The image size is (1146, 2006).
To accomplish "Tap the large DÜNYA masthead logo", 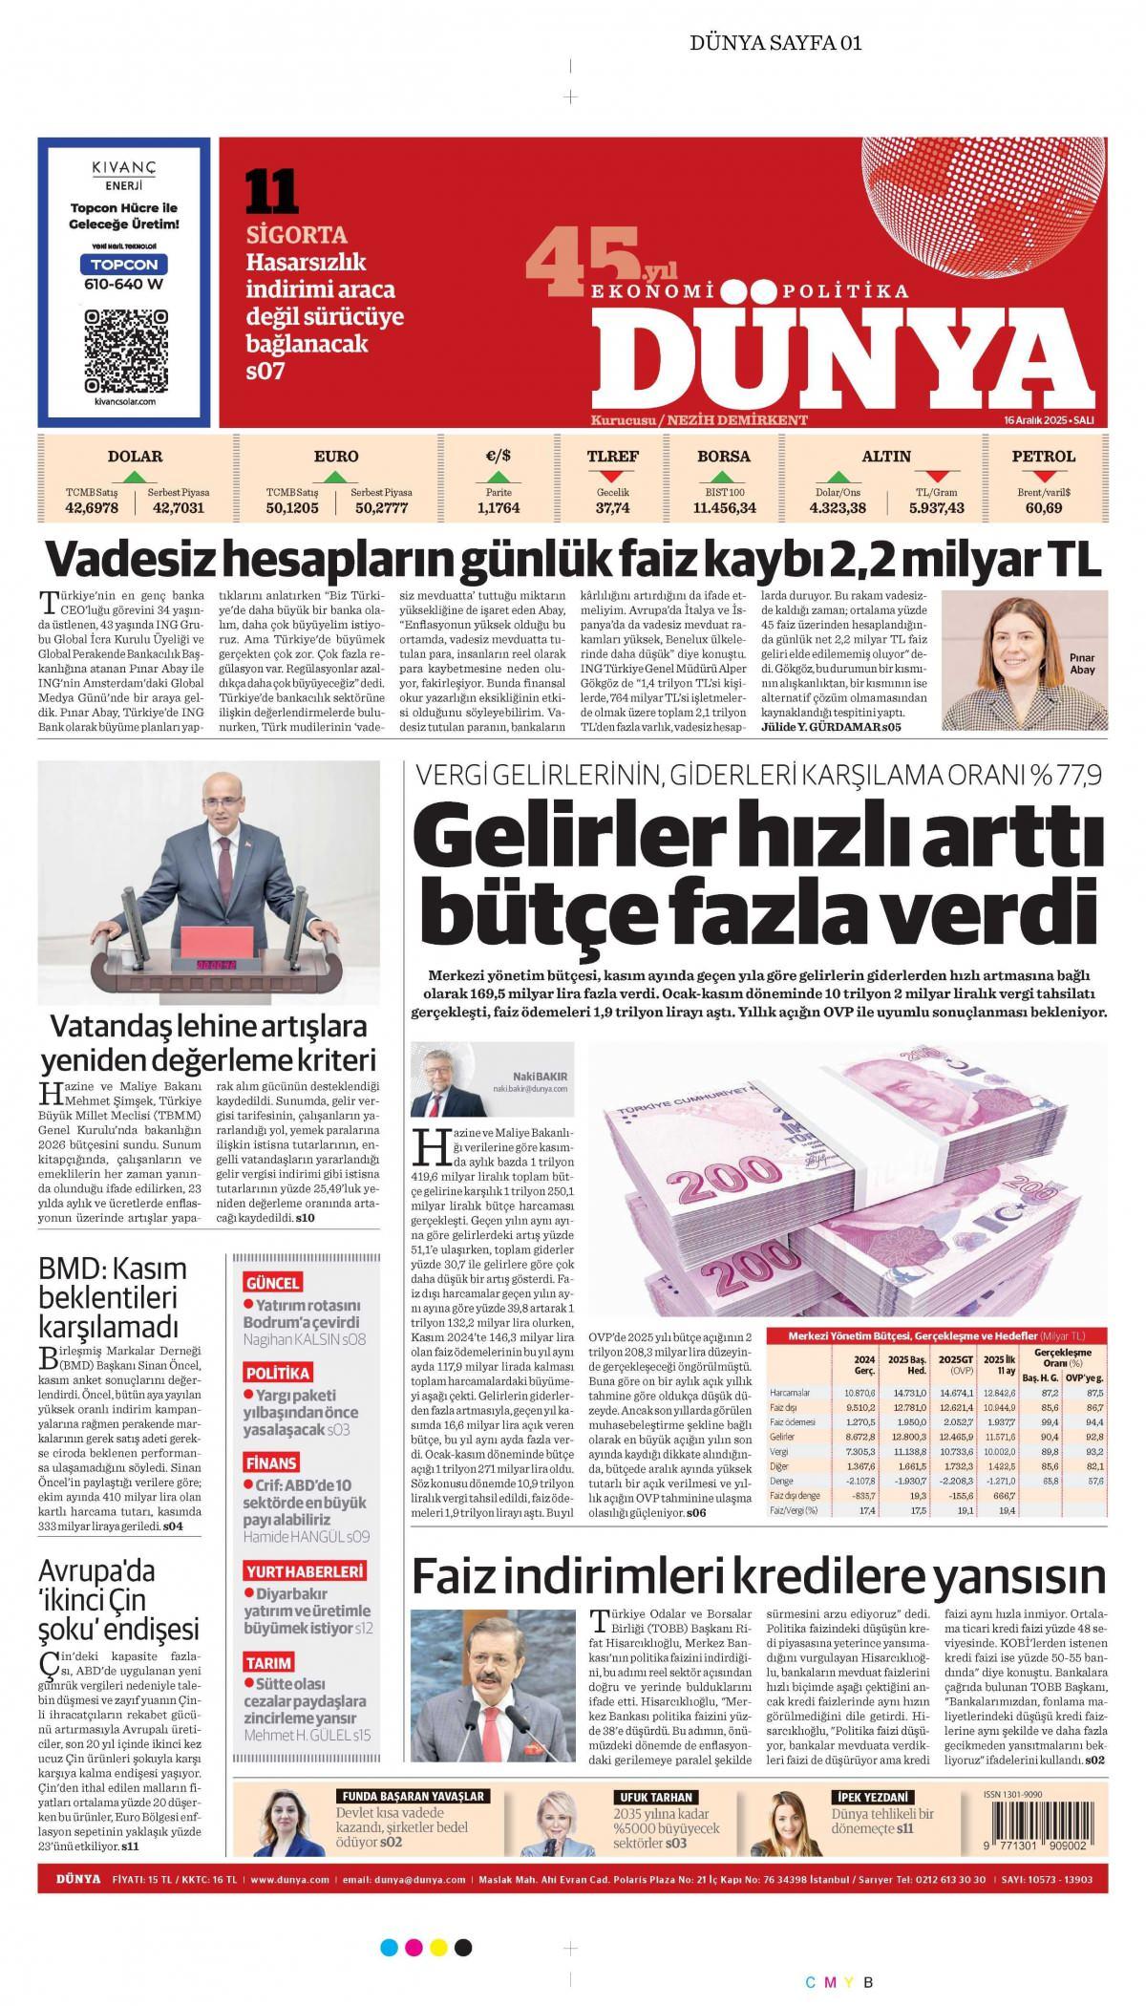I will [846, 356].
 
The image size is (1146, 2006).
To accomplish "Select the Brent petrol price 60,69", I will [1043, 508].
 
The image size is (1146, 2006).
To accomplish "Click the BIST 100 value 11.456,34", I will [724, 508].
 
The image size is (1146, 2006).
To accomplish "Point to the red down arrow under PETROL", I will [1043, 476].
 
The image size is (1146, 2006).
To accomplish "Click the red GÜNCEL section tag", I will [273, 1283].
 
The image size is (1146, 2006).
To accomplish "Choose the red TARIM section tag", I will [268, 1662].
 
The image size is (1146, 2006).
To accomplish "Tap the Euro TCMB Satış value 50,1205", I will [292, 508].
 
